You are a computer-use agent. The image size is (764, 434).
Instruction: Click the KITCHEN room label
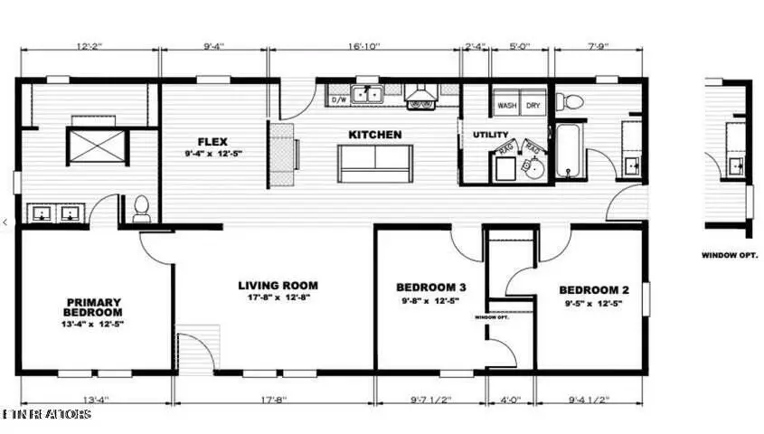(x=375, y=135)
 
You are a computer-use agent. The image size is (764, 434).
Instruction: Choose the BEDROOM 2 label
(x=593, y=290)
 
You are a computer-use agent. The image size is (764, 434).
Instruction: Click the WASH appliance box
(x=506, y=105)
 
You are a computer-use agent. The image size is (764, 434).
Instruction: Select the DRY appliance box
(x=533, y=105)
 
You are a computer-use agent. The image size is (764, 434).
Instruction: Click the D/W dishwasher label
(x=340, y=99)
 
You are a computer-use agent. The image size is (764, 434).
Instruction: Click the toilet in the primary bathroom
(x=141, y=209)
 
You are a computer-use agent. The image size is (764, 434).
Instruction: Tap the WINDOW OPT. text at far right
(x=729, y=255)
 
